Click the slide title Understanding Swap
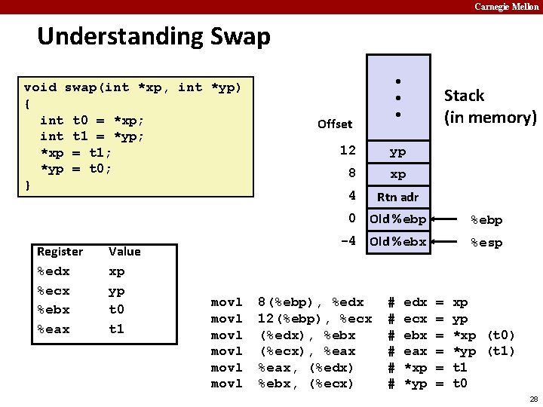(x=153, y=36)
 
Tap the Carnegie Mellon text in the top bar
(x=507, y=7)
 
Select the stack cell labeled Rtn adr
(x=397, y=197)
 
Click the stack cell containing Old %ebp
(x=397, y=220)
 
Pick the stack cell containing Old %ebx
(x=397, y=242)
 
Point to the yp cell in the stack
(x=397, y=151)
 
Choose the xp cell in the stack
(x=397, y=174)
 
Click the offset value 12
(x=347, y=151)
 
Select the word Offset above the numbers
(x=335, y=124)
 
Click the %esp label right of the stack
(x=486, y=243)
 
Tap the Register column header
(x=60, y=251)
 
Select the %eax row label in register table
(x=54, y=329)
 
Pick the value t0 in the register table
(x=117, y=310)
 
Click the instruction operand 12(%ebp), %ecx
(x=314, y=319)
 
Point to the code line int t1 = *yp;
(x=92, y=136)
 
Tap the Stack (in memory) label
(x=489, y=106)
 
